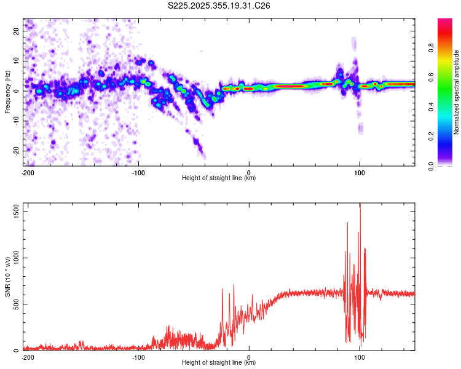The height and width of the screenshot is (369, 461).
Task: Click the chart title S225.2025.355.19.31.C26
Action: coord(219,6)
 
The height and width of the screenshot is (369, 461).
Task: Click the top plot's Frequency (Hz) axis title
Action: coord(7,93)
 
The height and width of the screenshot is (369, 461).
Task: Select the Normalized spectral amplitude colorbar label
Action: coord(457,93)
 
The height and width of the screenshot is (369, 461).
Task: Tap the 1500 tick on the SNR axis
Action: coord(13,211)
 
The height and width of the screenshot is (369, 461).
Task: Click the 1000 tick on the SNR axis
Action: coord(13,258)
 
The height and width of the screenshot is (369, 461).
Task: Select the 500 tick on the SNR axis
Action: coord(15,304)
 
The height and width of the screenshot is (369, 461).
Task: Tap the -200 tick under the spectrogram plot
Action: coord(28,172)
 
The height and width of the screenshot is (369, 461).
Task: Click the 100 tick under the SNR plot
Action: coord(360,357)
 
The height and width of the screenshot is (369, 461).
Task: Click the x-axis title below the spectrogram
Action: coord(219,178)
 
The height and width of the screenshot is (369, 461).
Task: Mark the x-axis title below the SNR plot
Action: coord(219,363)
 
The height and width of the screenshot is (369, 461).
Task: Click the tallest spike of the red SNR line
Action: coord(360,205)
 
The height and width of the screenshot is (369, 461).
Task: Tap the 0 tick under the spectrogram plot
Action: coord(249,172)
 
